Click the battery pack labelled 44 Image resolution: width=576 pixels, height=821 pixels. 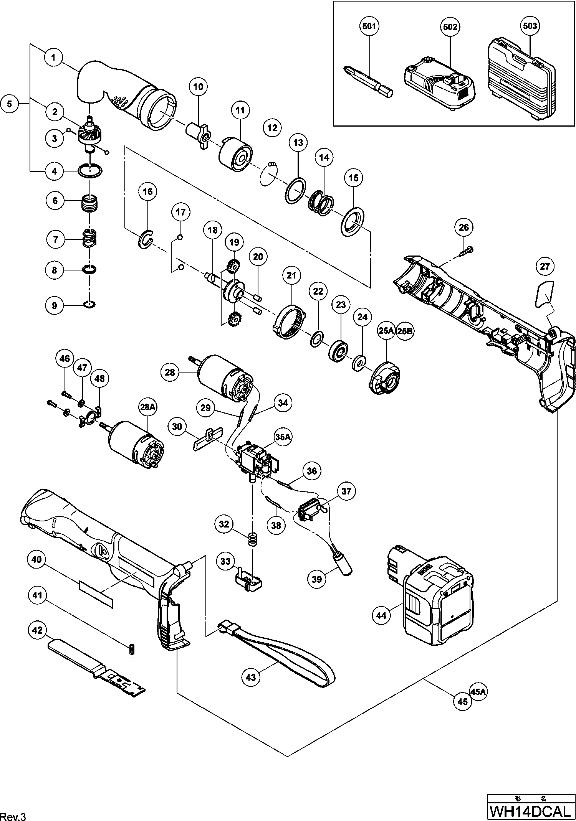[x=438, y=591]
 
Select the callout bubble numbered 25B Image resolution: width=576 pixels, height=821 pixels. [x=406, y=331]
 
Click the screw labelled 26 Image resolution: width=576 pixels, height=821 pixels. [x=466, y=251]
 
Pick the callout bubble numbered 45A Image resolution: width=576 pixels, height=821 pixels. [x=478, y=692]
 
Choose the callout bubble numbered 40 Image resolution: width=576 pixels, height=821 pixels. [x=36, y=560]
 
